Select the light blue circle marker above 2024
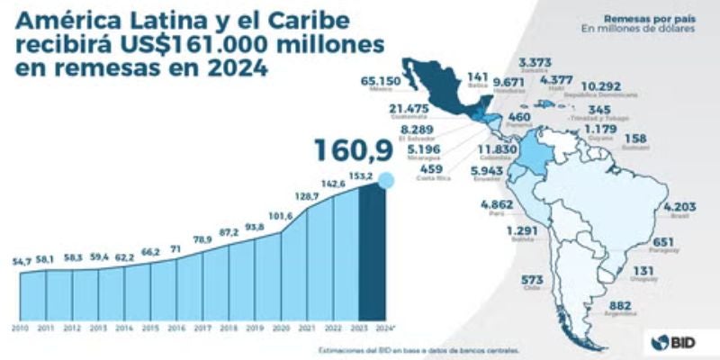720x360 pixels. pos(386,181)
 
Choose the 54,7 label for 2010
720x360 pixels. pos(22,261)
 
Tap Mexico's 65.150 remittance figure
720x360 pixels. pos(380,81)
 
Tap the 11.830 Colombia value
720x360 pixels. pos(497,149)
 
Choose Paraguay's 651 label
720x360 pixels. pos(663,242)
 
